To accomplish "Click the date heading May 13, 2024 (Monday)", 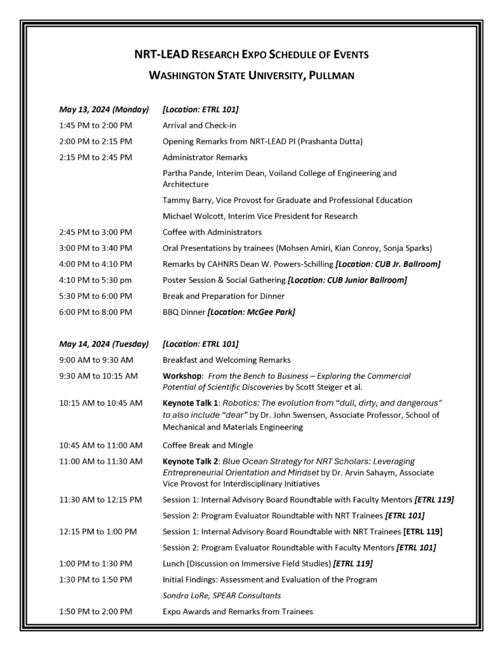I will click(104, 109).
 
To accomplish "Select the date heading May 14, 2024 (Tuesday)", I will click(104, 344).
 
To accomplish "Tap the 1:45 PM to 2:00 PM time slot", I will click(96, 125).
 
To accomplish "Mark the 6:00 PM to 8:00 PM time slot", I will click(96, 312).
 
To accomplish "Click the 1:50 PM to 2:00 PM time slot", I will click(96, 612).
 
